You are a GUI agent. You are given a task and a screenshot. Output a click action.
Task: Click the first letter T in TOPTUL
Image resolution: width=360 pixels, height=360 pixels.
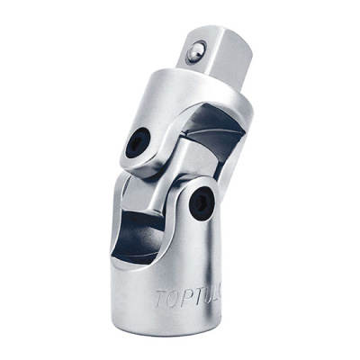coord(159,298)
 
